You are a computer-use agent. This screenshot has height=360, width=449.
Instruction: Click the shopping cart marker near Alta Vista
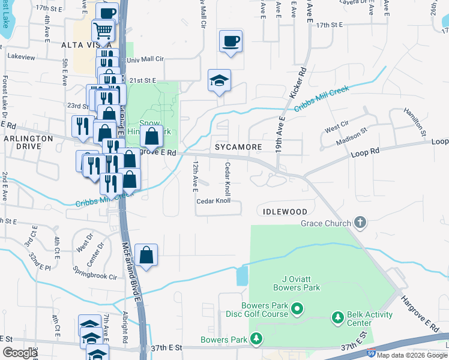(103, 31)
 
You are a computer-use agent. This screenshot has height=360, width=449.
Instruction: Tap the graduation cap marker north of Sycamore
(220, 80)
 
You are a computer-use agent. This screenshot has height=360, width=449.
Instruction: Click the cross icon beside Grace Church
(360, 224)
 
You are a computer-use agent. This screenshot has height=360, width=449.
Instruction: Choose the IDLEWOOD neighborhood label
(285, 212)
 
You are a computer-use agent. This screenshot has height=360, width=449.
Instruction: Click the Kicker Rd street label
(298, 82)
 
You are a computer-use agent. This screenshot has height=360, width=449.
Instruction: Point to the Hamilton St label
(414, 124)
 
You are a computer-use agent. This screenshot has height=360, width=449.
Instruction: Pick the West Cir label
(336, 128)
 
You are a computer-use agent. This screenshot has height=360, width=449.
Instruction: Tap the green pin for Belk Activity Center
(337, 317)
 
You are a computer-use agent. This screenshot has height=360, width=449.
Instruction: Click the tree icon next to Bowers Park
(257, 340)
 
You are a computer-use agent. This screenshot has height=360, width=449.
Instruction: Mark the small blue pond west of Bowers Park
(243, 275)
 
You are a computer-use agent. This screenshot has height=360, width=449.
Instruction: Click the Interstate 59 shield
(372, 355)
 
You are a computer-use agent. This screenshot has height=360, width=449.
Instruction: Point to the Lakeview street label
(21, 56)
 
